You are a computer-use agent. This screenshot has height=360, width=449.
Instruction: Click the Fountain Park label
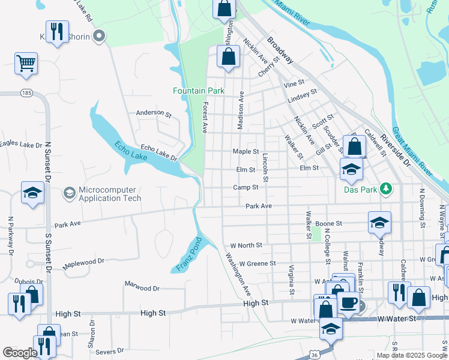(198, 91)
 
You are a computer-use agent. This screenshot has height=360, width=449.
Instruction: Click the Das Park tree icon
(387, 189)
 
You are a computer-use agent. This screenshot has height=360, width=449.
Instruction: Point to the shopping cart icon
(26, 63)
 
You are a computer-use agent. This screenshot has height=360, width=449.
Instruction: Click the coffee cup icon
(348, 303)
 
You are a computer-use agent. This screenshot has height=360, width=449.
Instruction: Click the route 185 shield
(26, 94)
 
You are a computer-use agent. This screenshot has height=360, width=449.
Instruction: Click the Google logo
(20, 353)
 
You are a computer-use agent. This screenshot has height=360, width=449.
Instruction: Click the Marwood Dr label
(142, 288)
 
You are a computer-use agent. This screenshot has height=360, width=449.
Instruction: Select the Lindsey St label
(302, 94)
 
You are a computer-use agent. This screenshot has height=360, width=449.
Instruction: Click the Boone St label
(328, 223)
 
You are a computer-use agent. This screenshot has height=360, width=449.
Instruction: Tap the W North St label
(246, 245)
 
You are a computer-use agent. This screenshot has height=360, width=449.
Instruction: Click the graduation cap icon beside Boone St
(379, 223)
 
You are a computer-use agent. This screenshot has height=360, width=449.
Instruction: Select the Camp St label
(246, 187)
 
